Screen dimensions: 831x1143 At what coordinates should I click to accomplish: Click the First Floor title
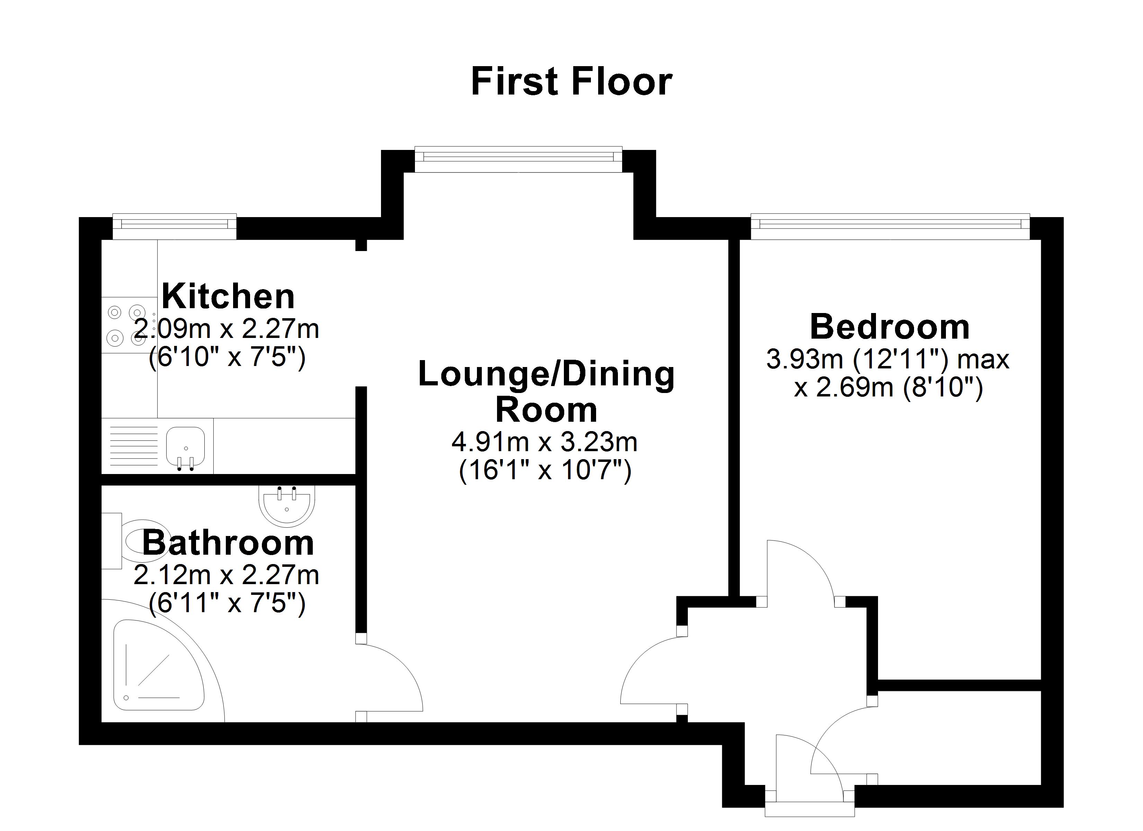[x=571, y=82]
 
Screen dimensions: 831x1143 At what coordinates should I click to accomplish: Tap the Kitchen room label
[x=228, y=296]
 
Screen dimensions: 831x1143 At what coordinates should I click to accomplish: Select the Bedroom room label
[x=889, y=327]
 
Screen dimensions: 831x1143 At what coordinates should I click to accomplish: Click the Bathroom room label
[x=228, y=543]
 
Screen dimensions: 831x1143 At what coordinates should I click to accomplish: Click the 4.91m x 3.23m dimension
[x=544, y=443]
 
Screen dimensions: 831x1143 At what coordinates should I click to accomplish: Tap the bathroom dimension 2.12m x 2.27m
[x=226, y=575]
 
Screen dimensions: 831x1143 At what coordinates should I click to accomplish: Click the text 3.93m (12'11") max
[x=887, y=360]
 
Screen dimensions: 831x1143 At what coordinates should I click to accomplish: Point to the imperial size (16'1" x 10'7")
[x=545, y=471]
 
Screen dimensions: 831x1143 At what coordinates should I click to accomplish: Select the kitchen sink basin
[x=185, y=446]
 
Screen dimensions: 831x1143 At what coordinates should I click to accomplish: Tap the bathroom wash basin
[x=287, y=504]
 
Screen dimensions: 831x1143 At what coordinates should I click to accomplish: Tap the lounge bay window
[x=518, y=159]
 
